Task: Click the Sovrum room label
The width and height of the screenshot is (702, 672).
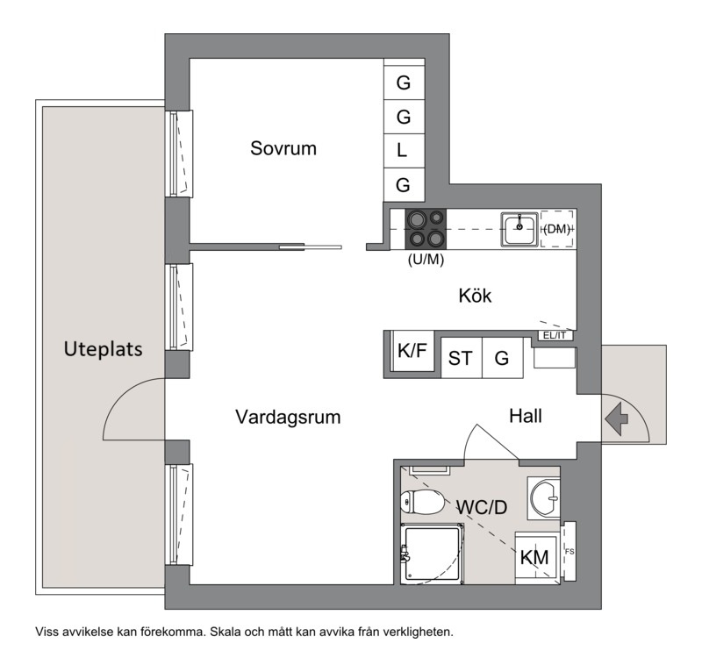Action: tap(283, 148)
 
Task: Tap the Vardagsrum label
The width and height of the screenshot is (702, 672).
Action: tap(288, 417)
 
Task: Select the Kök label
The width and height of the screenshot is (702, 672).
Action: tap(475, 296)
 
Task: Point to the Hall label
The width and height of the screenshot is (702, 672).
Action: tap(525, 416)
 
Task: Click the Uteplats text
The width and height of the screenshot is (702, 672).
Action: tap(103, 349)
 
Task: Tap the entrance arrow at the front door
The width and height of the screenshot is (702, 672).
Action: tap(617, 419)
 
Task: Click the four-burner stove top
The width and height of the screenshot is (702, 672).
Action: tap(426, 229)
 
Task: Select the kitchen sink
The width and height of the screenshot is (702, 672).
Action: tap(519, 229)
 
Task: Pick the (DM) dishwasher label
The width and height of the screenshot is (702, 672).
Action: tap(556, 229)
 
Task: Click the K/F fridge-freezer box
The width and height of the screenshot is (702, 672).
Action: tap(412, 351)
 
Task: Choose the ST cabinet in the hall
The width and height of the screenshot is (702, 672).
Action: tap(462, 358)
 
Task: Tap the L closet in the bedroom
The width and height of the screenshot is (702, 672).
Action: tap(404, 151)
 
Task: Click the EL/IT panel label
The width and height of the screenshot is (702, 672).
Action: tap(555, 335)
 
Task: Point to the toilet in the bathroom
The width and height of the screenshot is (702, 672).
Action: tap(422, 502)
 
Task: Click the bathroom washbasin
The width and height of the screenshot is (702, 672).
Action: tap(544, 497)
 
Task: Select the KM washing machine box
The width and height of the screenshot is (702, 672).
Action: tap(535, 558)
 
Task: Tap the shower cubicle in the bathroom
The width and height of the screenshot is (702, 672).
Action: tap(432, 554)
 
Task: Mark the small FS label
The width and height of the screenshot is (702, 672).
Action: tap(569, 552)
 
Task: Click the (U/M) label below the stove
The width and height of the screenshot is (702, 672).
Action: tap(426, 259)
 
